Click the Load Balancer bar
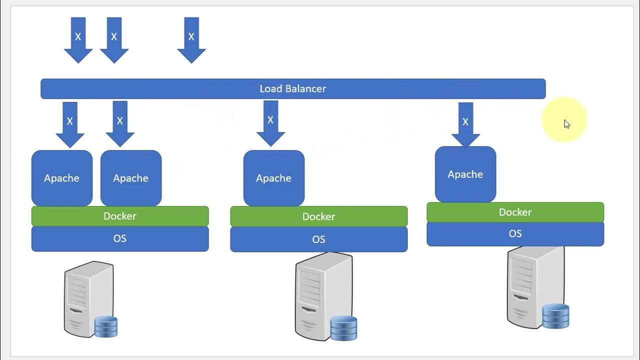point(293,89)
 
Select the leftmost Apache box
point(62,178)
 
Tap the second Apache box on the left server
point(131,178)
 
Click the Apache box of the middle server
point(274,178)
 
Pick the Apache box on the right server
point(465,174)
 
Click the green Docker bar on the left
point(120,216)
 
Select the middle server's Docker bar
point(319,216)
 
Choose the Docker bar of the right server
point(515,212)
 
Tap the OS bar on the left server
point(120,238)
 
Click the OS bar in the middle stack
point(319,239)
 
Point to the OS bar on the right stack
point(515,234)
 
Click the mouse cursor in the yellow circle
point(567,124)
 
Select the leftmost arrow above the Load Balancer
point(78,39)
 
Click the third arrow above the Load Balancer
point(191,39)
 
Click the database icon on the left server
point(106,326)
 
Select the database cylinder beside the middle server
point(343,327)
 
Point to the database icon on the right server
point(555,315)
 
